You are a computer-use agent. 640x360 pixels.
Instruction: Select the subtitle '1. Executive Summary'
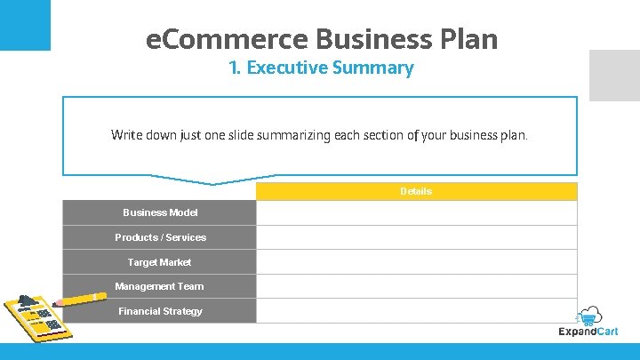tap(320, 68)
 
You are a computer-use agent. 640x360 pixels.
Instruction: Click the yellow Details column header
tap(416, 191)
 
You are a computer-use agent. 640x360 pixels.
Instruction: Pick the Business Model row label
tap(160, 212)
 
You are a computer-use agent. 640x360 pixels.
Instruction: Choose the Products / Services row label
tap(160, 237)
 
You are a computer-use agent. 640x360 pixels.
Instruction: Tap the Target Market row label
tap(159, 262)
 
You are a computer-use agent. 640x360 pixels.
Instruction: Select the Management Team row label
tap(159, 286)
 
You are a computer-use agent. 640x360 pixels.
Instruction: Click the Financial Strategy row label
tap(160, 311)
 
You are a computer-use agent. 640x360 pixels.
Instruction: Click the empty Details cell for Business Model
tap(416, 212)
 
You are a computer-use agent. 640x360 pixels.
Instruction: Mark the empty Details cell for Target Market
tap(416, 262)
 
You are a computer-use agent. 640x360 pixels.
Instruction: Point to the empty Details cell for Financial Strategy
tap(416, 311)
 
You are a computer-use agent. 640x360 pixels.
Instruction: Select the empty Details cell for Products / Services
tap(416, 237)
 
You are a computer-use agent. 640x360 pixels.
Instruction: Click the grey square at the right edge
tap(614, 75)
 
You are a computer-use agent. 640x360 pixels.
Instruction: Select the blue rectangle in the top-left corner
tap(25, 25)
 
